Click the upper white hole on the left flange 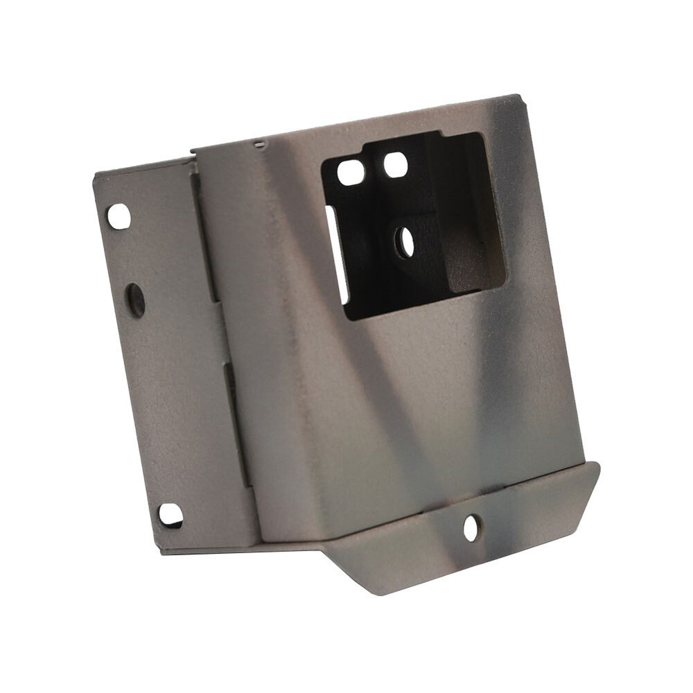119,217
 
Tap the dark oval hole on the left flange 136,300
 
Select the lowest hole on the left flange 170,515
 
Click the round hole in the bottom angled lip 471,529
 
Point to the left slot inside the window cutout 351,172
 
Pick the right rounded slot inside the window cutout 395,165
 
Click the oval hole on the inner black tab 404,243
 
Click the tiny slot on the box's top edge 260,144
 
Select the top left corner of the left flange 95,175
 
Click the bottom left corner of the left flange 162,552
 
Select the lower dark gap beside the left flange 238,423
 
